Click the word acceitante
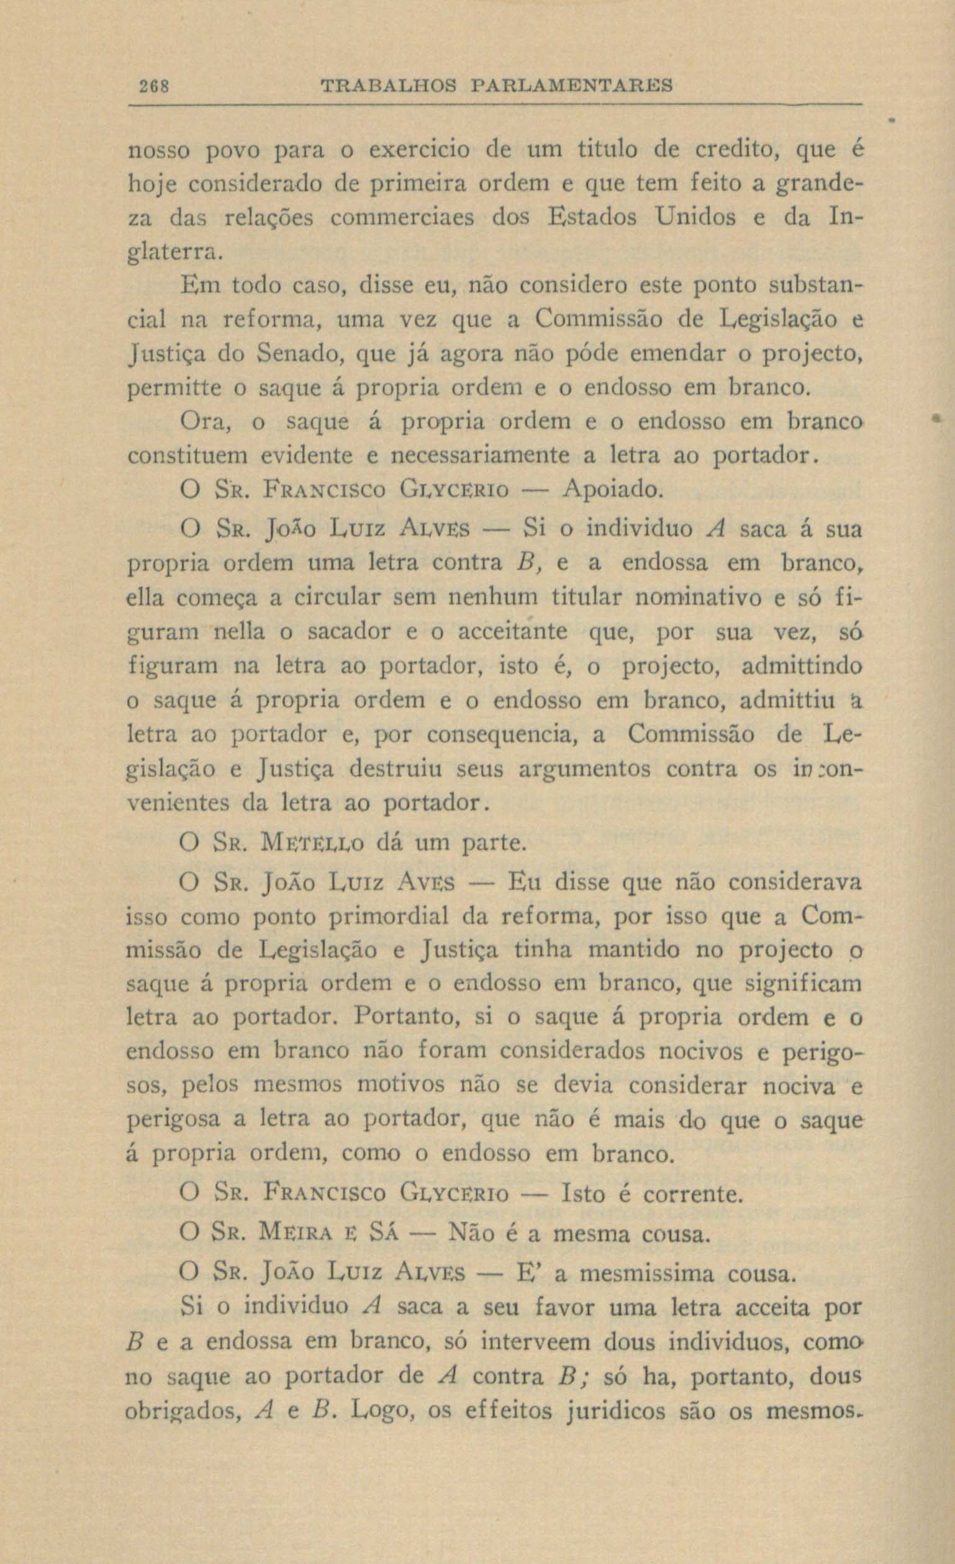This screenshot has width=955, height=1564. tap(513, 632)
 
